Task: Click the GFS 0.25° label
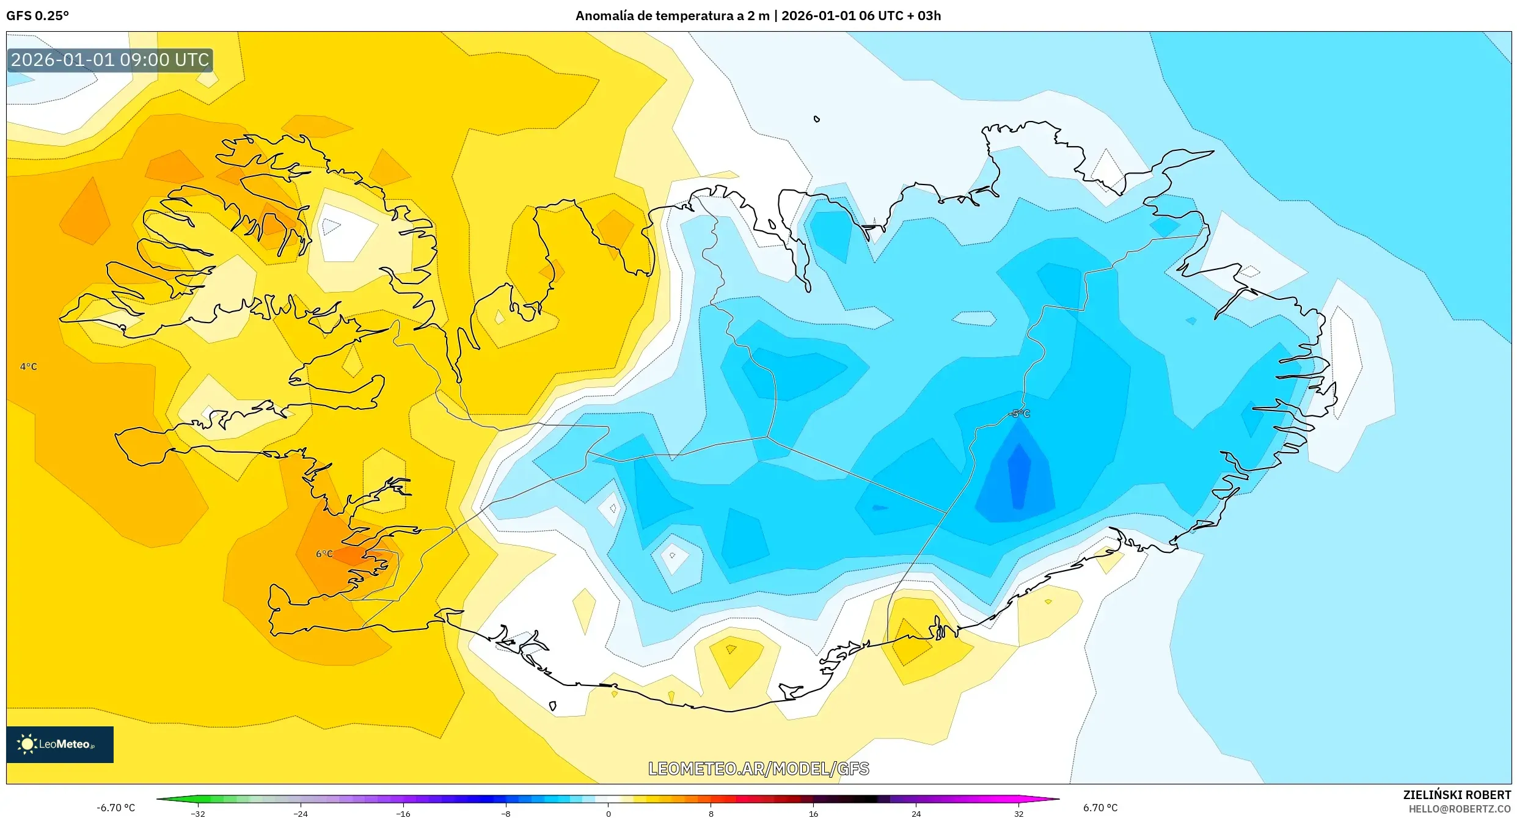(x=37, y=16)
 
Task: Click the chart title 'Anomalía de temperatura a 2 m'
(x=671, y=16)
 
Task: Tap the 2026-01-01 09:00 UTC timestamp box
(x=110, y=60)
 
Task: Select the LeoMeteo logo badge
(x=60, y=744)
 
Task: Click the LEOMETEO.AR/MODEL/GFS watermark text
(x=758, y=769)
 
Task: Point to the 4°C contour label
(x=29, y=367)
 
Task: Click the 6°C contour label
(x=324, y=554)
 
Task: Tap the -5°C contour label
(x=1019, y=414)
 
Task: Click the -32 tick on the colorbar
(x=198, y=813)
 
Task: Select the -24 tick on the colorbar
(x=301, y=813)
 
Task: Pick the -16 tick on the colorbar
(x=403, y=813)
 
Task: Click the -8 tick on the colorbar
(x=506, y=813)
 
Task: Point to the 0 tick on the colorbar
(x=609, y=813)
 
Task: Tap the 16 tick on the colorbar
(x=814, y=813)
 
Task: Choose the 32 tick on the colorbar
(x=1019, y=813)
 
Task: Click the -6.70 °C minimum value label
(x=115, y=808)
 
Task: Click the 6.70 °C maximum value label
(x=1100, y=808)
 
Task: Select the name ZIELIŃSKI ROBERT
(x=1457, y=795)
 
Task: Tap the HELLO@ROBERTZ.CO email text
(x=1460, y=809)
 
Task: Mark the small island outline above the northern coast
(x=817, y=119)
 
